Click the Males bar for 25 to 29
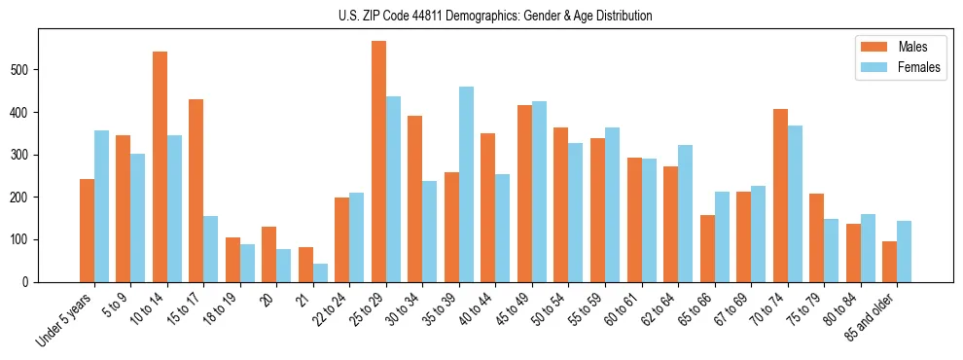pyautogui.click(x=378, y=162)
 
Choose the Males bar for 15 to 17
pyautogui.click(x=196, y=191)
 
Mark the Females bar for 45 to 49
pyautogui.click(x=539, y=192)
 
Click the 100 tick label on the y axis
pyautogui.click(x=27, y=239)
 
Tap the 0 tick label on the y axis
pyautogui.click(x=33, y=282)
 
